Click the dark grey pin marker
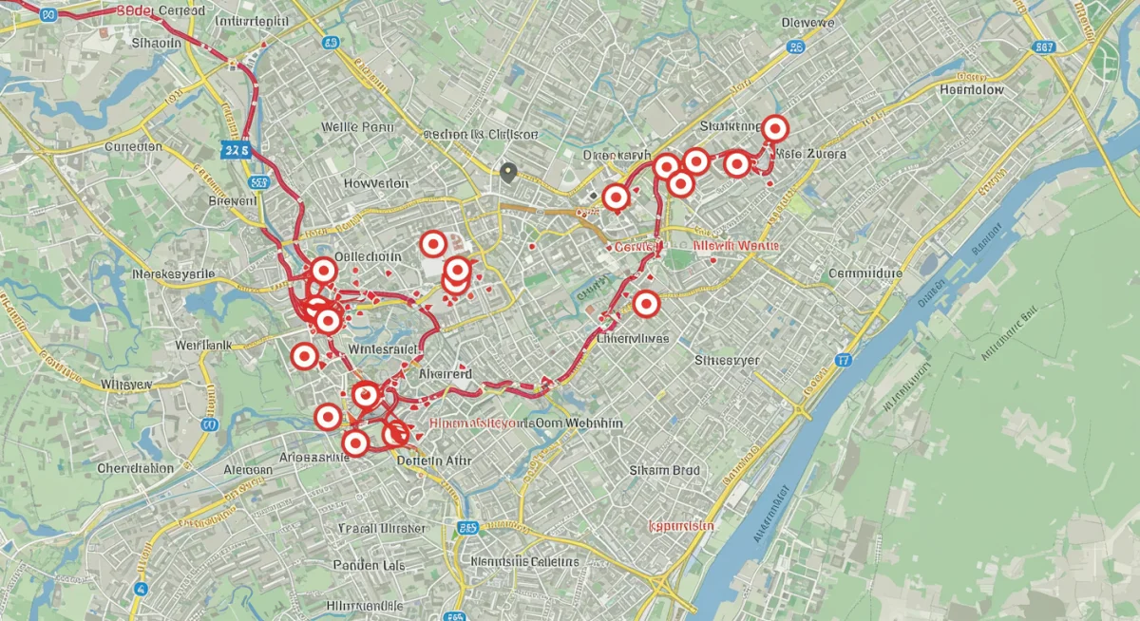tap(508, 172)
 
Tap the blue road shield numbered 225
tap(234, 149)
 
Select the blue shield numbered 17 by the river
tap(843, 360)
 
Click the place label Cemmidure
tap(864, 273)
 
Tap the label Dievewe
tap(807, 22)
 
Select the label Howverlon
tap(375, 183)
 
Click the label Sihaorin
tap(156, 43)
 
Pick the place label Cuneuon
tap(133, 147)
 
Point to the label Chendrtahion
tap(135, 468)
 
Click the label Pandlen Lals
tap(370, 565)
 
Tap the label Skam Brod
tap(665, 470)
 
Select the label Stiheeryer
tap(727, 361)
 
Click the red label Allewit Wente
tap(736, 245)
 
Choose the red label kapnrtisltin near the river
tap(680, 525)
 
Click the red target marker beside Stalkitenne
tap(775, 128)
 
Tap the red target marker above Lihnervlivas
tap(646, 304)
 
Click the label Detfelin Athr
tap(432, 461)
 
